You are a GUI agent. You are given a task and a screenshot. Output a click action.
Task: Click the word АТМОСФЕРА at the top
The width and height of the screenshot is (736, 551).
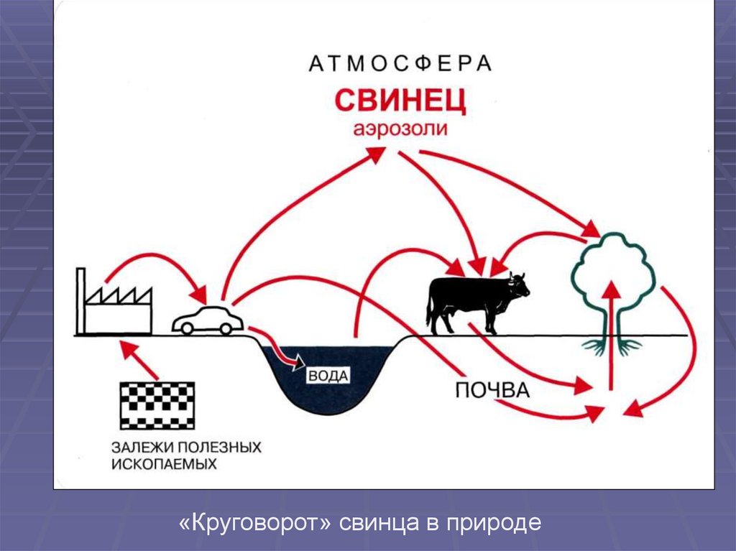(400, 64)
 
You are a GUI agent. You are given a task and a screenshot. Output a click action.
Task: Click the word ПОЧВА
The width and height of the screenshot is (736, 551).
(492, 391)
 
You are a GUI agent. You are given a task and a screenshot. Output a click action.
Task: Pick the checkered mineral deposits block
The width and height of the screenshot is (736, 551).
(156, 405)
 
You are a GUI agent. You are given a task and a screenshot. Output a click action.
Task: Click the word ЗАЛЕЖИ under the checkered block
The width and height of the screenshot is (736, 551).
(140, 447)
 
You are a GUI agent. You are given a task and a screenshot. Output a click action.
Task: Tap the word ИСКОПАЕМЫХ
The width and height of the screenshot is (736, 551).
(164, 464)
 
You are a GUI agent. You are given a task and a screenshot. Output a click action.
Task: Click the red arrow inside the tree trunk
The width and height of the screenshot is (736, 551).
(611, 316)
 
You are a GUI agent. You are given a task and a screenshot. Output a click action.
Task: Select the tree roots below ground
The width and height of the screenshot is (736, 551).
(612, 346)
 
